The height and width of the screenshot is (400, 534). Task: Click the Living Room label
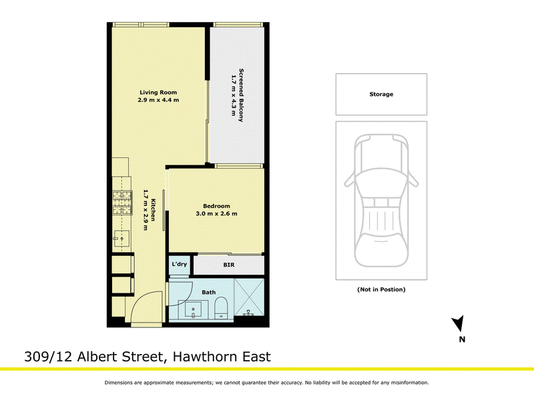click(x=158, y=92)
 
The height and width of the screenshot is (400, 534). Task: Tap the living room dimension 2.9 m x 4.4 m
click(x=158, y=100)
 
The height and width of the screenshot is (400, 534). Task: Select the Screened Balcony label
click(x=241, y=95)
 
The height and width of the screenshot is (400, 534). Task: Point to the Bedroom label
click(x=216, y=206)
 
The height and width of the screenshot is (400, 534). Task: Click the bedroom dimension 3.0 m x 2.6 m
click(x=216, y=213)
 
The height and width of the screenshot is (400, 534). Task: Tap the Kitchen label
click(x=154, y=210)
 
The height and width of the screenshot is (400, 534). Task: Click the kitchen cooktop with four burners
click(x=122, y=203)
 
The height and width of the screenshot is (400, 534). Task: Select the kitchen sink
click(x=121, y=238)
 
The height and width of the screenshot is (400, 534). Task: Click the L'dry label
click(x=179, y=264)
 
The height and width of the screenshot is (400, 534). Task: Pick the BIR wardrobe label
click(x=229, y=265)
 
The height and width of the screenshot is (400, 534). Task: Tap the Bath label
click(x=208, y=292)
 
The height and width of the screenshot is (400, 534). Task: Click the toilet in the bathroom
click(x=221, y=308)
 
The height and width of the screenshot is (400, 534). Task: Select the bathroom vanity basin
click(x=194, y=309)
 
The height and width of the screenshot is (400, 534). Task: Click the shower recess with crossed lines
click(x=249, y=297)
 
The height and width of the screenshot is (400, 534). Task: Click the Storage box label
click(x=381, y=94)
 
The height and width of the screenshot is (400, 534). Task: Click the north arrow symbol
click(x=459, y=323)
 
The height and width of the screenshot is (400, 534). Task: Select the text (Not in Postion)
click(x=381, y=289)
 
